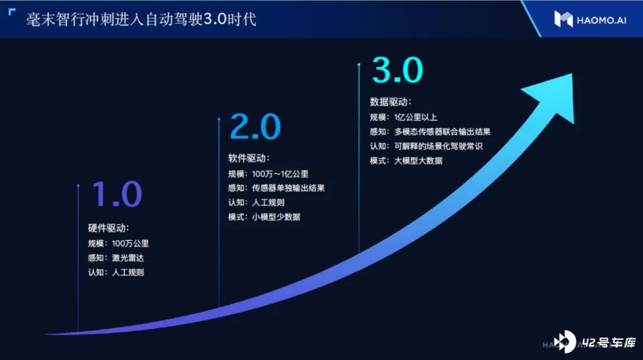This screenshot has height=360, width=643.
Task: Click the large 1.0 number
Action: click(117, 194)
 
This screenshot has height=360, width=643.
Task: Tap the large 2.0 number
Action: click(255, 127)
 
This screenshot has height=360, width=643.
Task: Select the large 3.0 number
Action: click(397, 70)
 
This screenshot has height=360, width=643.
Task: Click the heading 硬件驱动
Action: click(107, 228)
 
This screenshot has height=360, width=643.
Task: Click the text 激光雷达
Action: click(128, 258)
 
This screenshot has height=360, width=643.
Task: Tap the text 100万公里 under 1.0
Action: click(130, 243)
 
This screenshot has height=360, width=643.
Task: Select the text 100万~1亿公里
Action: click(280, 174)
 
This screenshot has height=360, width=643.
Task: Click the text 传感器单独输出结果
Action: click(288, 188)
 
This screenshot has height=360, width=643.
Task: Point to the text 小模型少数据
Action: click(276, 217)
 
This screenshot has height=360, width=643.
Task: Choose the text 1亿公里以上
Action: click(416, 117)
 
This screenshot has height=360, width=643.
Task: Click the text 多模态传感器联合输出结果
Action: click(442, 132)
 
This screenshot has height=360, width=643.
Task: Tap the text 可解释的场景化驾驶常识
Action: click(438, 146)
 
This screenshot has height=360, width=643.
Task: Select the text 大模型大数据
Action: click(419, 161)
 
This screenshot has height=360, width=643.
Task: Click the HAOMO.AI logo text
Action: click(601, 20)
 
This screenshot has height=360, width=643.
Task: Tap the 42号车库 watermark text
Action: click(608, 342)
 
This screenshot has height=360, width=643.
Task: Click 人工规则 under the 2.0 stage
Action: click(268, 202)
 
